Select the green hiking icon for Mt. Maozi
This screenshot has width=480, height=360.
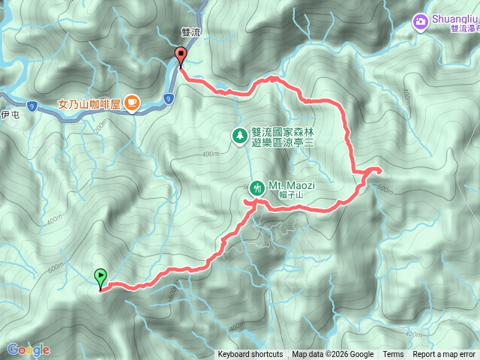[x=257, y=187]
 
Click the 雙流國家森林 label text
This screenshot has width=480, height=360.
[x=280, y=130]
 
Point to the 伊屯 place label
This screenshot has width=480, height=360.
[x=9, y=115]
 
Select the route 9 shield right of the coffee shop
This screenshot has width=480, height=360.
[x=169, y=97]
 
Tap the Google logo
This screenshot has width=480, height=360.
[x=28, y=349]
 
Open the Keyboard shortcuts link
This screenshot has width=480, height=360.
[x=250, y=355]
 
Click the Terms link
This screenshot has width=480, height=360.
[x=393, y=355]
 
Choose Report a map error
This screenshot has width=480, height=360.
[x=445, y=355]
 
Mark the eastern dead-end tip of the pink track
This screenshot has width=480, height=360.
[x=380, y=171]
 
